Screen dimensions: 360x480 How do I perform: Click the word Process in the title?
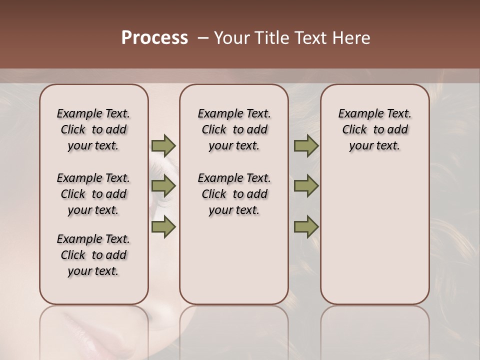[154, 38]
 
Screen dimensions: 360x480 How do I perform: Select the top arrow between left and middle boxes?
[163, 146]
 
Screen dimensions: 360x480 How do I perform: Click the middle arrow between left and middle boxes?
[163, 186]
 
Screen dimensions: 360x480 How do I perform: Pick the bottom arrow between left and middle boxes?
[163, 227]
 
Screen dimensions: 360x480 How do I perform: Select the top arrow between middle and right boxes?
[306, 146]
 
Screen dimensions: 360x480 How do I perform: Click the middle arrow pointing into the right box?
[306, 186]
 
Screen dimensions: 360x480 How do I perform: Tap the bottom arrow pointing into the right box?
[306, 227]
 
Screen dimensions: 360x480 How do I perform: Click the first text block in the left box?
[93, 129]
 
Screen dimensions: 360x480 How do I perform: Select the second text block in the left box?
[93, 194]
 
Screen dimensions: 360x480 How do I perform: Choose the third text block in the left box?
[93, 255]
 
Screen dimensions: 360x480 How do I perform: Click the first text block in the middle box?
[234, 129]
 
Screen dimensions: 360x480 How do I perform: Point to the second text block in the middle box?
[234, 194]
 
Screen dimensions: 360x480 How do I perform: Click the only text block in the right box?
[375, 129]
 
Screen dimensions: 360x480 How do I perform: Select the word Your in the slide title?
[231, 38]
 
